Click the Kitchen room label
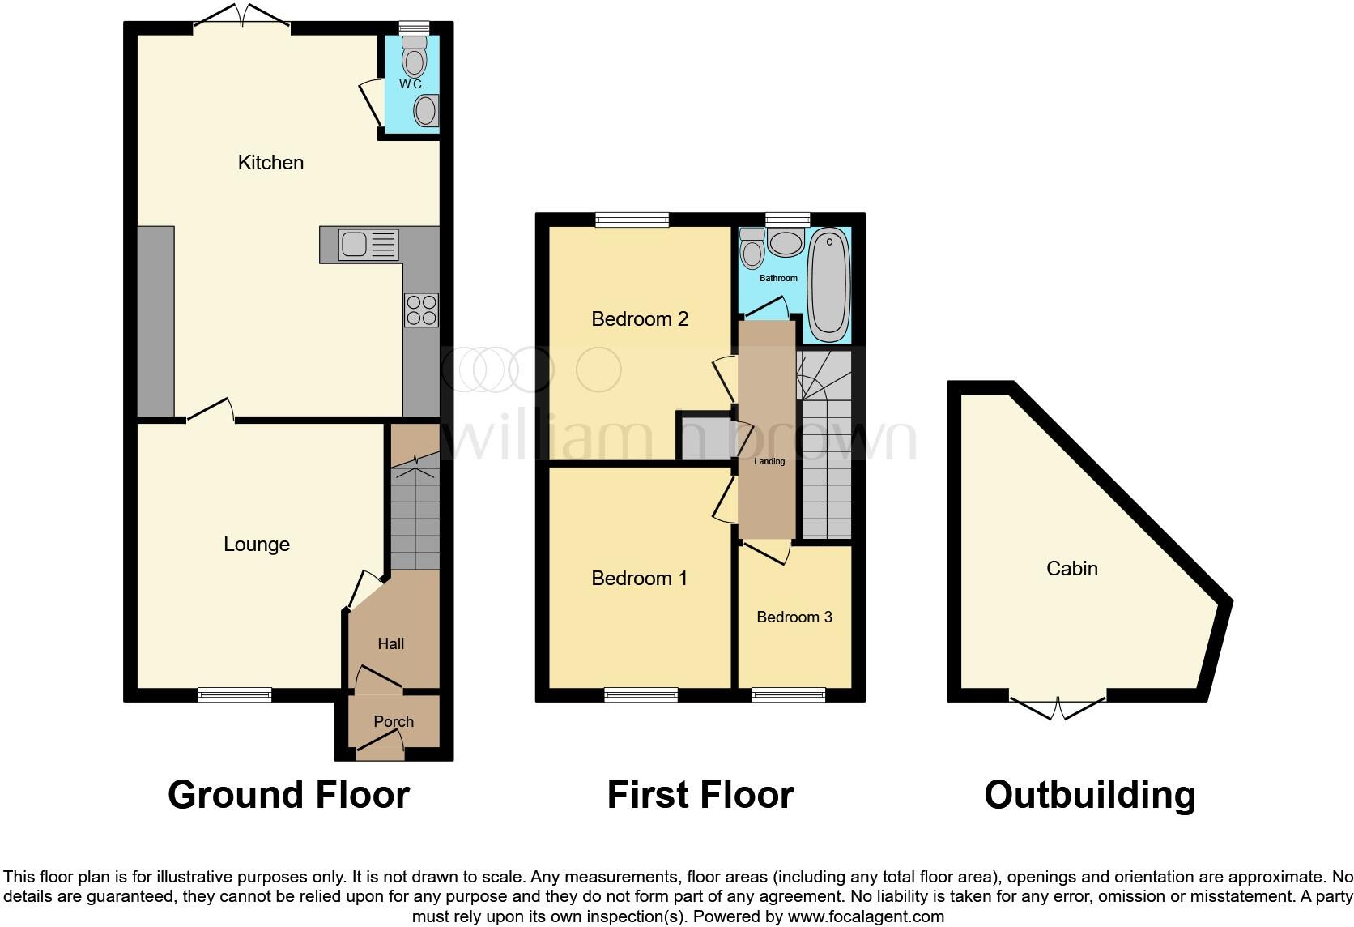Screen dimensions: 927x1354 (x=270, y=163)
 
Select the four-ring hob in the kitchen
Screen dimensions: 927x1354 (x=421, y=310)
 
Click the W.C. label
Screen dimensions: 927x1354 (x=411, y=84)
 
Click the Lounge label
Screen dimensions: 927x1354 (x=257, y=545)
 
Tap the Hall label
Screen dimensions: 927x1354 (x=391, y=644)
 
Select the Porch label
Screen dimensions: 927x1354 (x=394, y=721)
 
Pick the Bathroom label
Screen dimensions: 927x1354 (x=778, y=278)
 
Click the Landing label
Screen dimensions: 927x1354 (x=769, y=462)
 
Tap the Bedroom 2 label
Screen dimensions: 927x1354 (x=640, y=319)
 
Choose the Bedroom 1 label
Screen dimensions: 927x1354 (x=639, y=579)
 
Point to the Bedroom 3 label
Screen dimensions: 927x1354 (x=794, y=617)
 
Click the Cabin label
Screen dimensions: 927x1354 (x=1072, y=569)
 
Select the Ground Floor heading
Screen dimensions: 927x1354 (x=288, y=795)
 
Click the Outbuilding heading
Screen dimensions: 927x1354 (x=1090, y=795)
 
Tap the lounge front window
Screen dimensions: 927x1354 (x=235, y=694)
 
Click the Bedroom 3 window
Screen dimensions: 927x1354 (x=789, y=694)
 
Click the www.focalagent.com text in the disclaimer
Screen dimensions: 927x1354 (x=866, y=917)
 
